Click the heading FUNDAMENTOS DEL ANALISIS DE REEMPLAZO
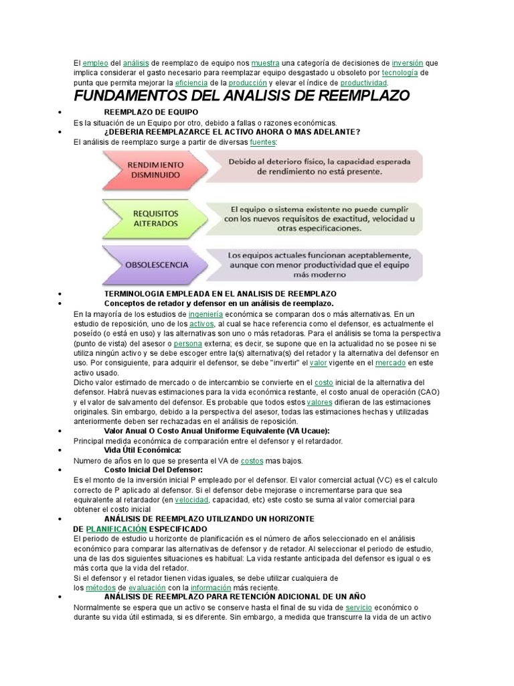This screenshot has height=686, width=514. (x=241, y=96)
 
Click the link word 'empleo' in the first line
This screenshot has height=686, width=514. (x=94, y=63)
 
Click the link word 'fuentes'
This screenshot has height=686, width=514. (x=262, y=142)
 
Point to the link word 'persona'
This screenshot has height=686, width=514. (x=187, y=343)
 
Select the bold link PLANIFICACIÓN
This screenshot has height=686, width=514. (x=116, y=529)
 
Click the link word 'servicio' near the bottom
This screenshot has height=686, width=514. (x=363, y=608)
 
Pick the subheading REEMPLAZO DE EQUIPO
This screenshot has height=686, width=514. (x=151, y=111)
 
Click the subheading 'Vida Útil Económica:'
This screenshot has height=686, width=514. (x=143, y=450)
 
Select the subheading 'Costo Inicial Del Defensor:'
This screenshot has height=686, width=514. (x=153, y=470)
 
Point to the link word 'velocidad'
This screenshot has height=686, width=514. (x=192, y=500)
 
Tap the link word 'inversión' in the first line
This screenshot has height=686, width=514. (x=408, y=63)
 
